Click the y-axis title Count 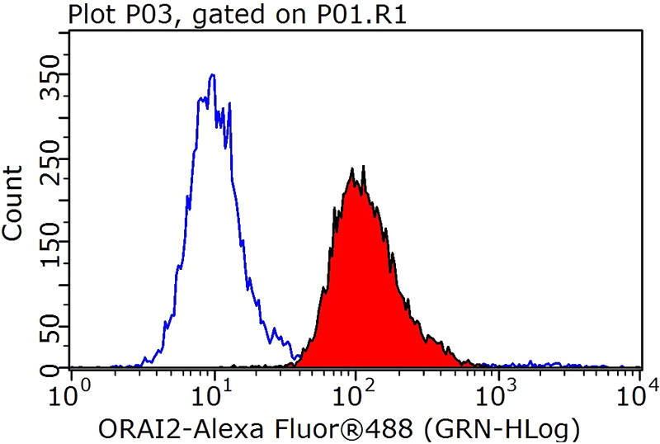(14, 203)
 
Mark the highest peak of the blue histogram (213, 75)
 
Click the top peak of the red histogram (352, 169)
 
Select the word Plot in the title (88, 14)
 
